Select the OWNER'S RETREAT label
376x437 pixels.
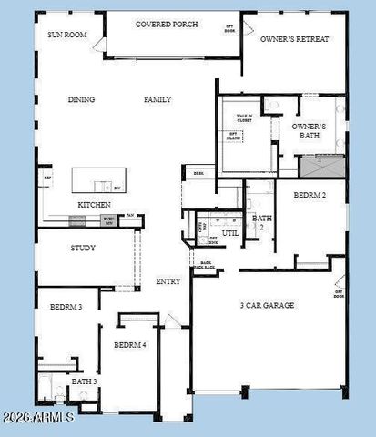point(294,40)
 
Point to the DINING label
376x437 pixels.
point(82,100)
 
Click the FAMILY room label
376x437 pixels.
point(158,100)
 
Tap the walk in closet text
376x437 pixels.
point(244,118)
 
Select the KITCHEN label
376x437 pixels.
point(94,205)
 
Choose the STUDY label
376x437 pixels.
point(83,248)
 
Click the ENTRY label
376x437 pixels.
point(168,281)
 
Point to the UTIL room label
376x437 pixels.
point(229,233)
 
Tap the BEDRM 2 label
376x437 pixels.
point(311,196)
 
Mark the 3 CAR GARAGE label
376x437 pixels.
point(267,305)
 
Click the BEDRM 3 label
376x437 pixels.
point(66,308)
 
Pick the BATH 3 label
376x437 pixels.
point(85,381)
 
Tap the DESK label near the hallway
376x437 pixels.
point(198,173)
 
